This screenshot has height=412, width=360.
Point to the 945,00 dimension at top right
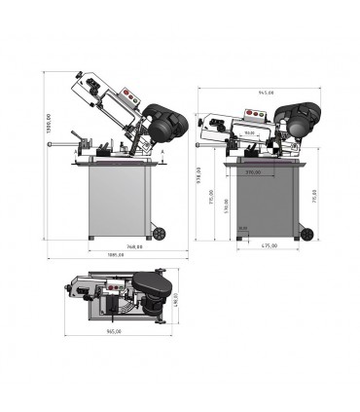(264, 93)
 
